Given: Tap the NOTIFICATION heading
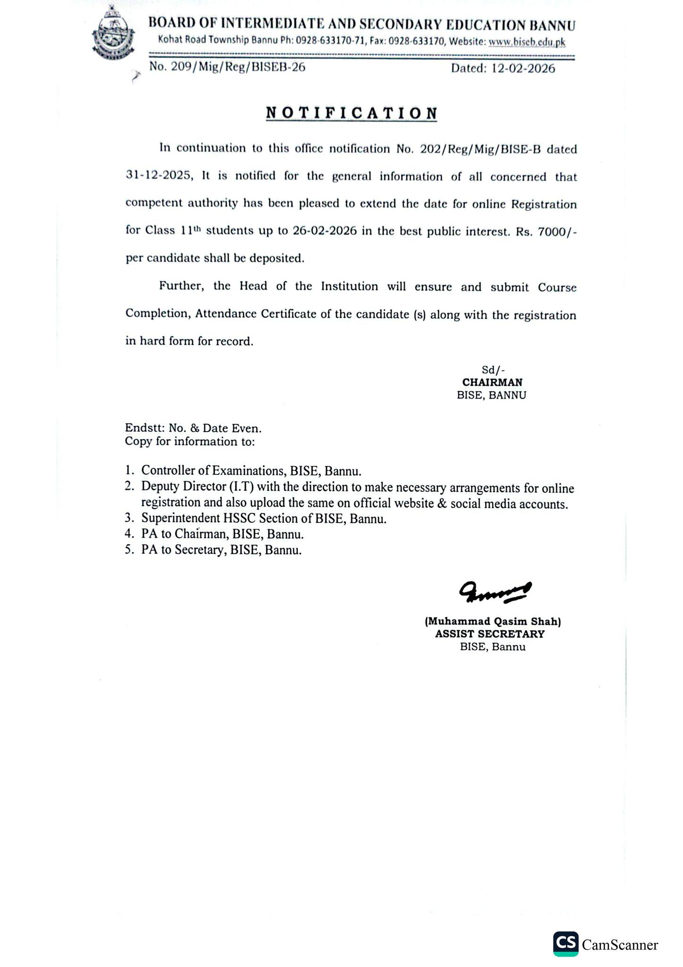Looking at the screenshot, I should point(352,113).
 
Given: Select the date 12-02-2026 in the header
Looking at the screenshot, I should point(523,68).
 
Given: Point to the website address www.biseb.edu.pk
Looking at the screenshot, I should point(527,42).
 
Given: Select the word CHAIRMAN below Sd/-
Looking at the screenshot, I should point(492,382).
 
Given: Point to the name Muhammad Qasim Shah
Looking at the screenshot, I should point(493,621).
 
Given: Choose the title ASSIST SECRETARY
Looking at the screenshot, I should point(489,634).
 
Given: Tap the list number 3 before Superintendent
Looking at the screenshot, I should point(128,519).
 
